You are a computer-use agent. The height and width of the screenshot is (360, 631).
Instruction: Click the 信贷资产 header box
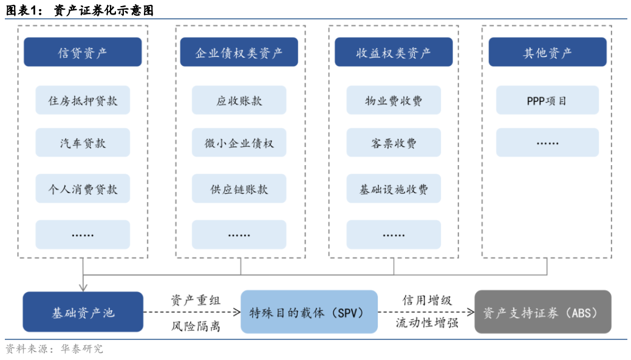tap(83, 52)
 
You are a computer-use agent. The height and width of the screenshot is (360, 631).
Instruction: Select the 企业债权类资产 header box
tap(239, 52)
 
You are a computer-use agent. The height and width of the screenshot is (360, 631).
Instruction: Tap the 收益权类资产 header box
tap(394, 52)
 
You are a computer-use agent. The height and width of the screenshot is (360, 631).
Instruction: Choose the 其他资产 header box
tap(547, 52)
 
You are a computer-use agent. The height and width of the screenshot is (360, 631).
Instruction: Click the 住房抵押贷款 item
tap(83, 100)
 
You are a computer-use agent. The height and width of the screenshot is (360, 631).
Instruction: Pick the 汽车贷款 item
tap(83, 143)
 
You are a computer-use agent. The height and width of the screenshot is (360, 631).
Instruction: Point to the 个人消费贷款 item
tap(83, 189)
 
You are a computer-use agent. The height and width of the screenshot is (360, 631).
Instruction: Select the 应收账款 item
tap(239, 100)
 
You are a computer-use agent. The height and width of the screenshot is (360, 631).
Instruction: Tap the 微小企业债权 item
tap(239, 143)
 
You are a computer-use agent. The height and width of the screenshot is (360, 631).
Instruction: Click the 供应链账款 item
tap(239, 189)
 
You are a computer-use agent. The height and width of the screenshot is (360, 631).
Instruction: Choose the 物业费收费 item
tap(394, 100)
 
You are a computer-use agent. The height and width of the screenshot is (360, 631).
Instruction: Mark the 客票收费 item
tap(394, 143)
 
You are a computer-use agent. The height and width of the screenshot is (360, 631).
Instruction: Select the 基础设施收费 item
tap(394, 189)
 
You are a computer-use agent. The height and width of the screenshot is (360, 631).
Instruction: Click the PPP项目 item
tap(547, 100)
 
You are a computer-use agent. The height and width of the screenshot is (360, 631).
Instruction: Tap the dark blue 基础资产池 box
tap(83, 312)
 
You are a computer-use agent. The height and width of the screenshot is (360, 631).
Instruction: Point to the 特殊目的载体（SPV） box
tap(306, 312)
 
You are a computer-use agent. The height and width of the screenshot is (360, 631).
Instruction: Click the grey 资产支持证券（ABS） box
tap(542, 312)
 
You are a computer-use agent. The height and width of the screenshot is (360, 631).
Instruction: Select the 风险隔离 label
tap(196, 326)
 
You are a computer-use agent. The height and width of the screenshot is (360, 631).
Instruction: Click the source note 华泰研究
tap(81, 349)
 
